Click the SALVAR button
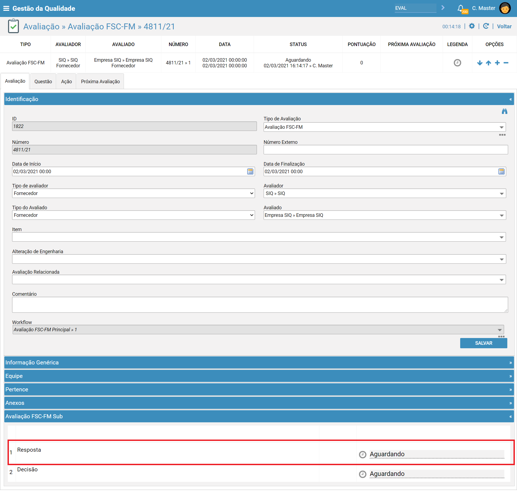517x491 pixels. tap(483, 343)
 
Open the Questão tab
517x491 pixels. tap(43, 81)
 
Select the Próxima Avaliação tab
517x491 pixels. tap(100, 81)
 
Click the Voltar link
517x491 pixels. tap(504, 26)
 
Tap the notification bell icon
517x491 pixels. tap(461, 8)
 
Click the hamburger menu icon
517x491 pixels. tap(6, 8)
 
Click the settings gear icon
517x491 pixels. tap(472, 26)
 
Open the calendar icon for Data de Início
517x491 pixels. tap(250, 172)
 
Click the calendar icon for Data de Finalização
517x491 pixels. tap(501, 172)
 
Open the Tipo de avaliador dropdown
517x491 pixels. tap(133, 193)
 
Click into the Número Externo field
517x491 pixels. tap(386, 150)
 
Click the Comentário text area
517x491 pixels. tap(260, 305)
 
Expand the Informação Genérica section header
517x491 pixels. tap(259, 363)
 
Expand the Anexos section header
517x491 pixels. tap(259, 403)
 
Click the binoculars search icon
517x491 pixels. tap(504, 111)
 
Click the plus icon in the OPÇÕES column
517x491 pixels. tap(497, 63)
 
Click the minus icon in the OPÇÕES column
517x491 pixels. tap(506, 63)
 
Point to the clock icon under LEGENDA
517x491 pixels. tap(457, 63)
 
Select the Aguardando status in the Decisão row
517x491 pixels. tap(387, 474)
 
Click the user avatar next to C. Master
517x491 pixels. tap(505, 8)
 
